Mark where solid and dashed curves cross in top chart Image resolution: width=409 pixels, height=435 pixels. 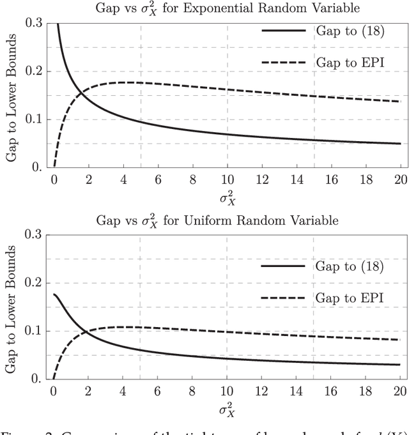pos(82,95)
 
